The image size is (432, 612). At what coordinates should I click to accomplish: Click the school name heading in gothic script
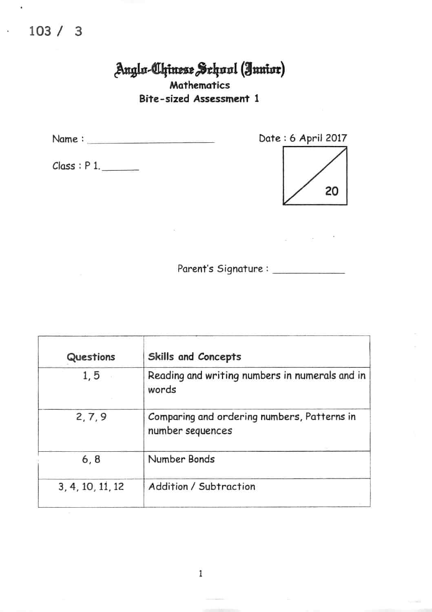(x=199, y=70)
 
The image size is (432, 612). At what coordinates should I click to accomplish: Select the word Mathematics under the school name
(x=199, y=85)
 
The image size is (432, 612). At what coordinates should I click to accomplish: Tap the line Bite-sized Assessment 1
(x=199, y=99)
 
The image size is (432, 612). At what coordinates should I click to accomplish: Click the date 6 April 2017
(x=318, y=138)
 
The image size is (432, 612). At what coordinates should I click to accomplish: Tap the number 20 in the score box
(x=332, y=191)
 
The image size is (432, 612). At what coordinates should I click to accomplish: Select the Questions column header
(x=91, y=357)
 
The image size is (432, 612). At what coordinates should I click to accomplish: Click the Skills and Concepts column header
(x=194, y=357)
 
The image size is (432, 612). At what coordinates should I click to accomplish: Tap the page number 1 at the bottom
(x=200, y=574)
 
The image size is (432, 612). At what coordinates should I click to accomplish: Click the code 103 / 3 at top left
(x=55, y=31)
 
